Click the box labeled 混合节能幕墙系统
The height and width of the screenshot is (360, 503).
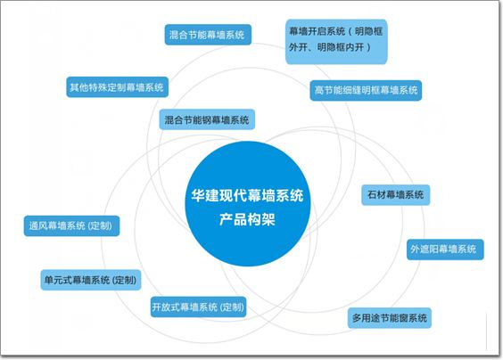point(208,35)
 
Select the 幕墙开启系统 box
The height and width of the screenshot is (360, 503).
point(336,42)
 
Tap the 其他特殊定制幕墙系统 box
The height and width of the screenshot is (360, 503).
point(118,86)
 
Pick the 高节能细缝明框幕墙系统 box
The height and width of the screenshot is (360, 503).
point(366,90)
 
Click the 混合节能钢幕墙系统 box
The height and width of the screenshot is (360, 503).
point(207,119)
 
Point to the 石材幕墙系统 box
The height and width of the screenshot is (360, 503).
point(396,194)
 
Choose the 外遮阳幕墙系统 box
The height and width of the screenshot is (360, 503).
point(445,250)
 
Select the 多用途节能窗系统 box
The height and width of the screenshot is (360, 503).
point(390,318)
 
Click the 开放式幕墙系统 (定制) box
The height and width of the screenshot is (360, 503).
point(198,307)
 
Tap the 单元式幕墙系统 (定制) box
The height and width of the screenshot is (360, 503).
point(91,280)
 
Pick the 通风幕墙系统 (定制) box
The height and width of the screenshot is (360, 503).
point(71,225)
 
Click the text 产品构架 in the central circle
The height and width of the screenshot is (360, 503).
point(247,219)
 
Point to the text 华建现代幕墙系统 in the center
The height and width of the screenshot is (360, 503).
point(247,195)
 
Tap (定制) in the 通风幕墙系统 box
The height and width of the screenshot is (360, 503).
point(100,225)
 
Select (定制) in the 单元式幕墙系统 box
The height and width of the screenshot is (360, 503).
point(124,280)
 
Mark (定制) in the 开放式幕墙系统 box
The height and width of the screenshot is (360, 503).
point(232,307)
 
